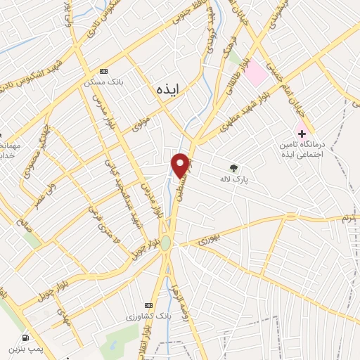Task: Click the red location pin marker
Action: pyautogui.click(x=181, y=165)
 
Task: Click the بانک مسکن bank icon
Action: pyautogui.click(x=104, y=71)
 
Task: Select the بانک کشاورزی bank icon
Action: pyautogui.click(x=148, y=305)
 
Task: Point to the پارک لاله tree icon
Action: pyautogui.click(x=233, y=167)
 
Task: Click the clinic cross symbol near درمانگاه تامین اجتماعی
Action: pyautogui.click(x=302, y=132)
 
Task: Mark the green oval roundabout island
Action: pyautogui.click(x=165, y=243)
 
